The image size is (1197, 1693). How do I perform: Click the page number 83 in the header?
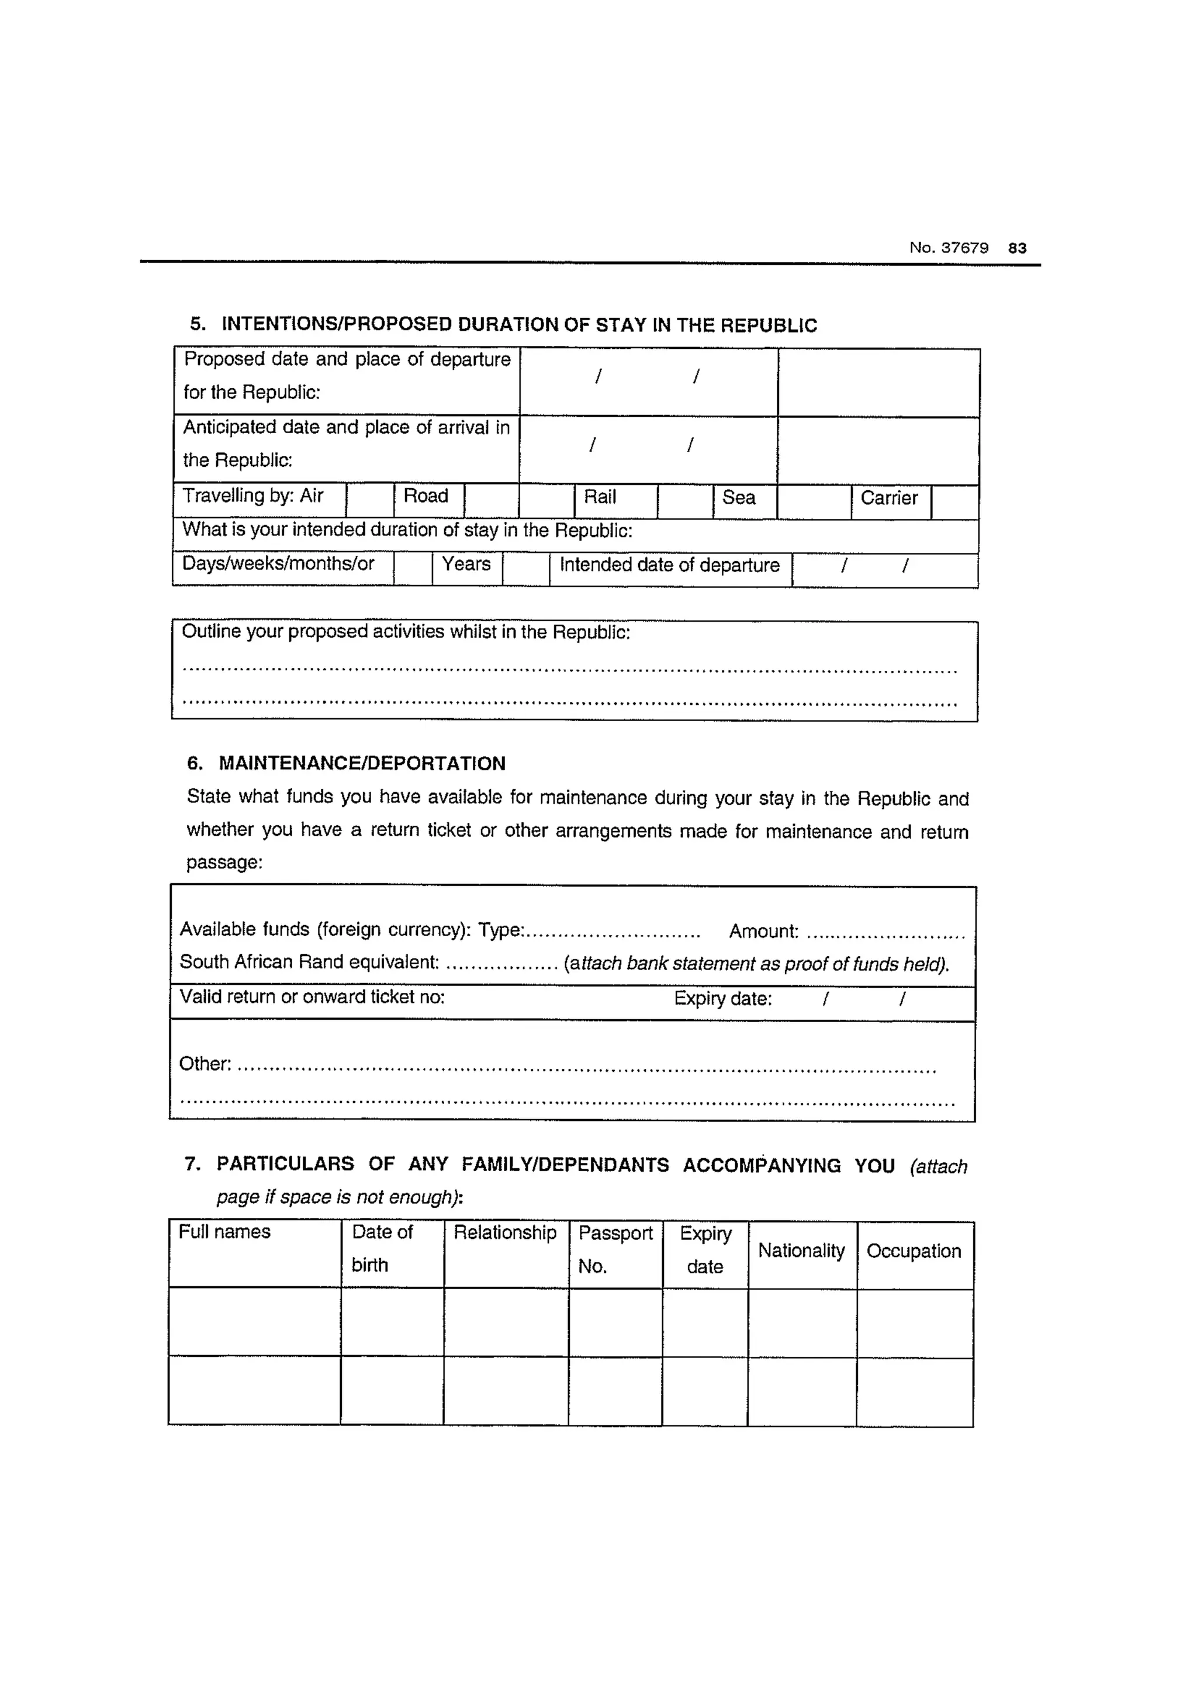(1017, 248)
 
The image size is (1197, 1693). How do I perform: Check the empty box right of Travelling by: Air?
(369, 501)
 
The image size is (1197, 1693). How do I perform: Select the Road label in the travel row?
(425, 496)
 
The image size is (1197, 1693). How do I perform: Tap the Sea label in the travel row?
(738, 498)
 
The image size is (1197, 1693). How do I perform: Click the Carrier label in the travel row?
(889, 498)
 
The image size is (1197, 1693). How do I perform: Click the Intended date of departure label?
(669, 566)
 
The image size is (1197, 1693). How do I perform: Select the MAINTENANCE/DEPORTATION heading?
(362, 763)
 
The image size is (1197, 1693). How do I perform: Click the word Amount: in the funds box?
(763, 932)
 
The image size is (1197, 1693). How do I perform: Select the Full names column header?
(225, 1232)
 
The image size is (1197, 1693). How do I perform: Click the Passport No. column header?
(614, 1250)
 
